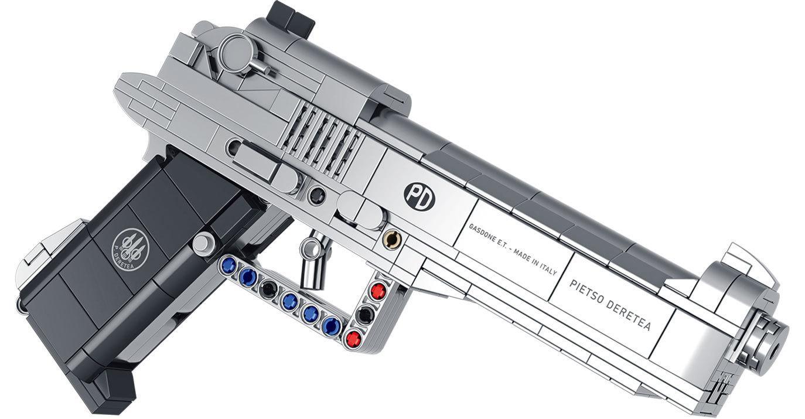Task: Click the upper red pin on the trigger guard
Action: tap(378, 289)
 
